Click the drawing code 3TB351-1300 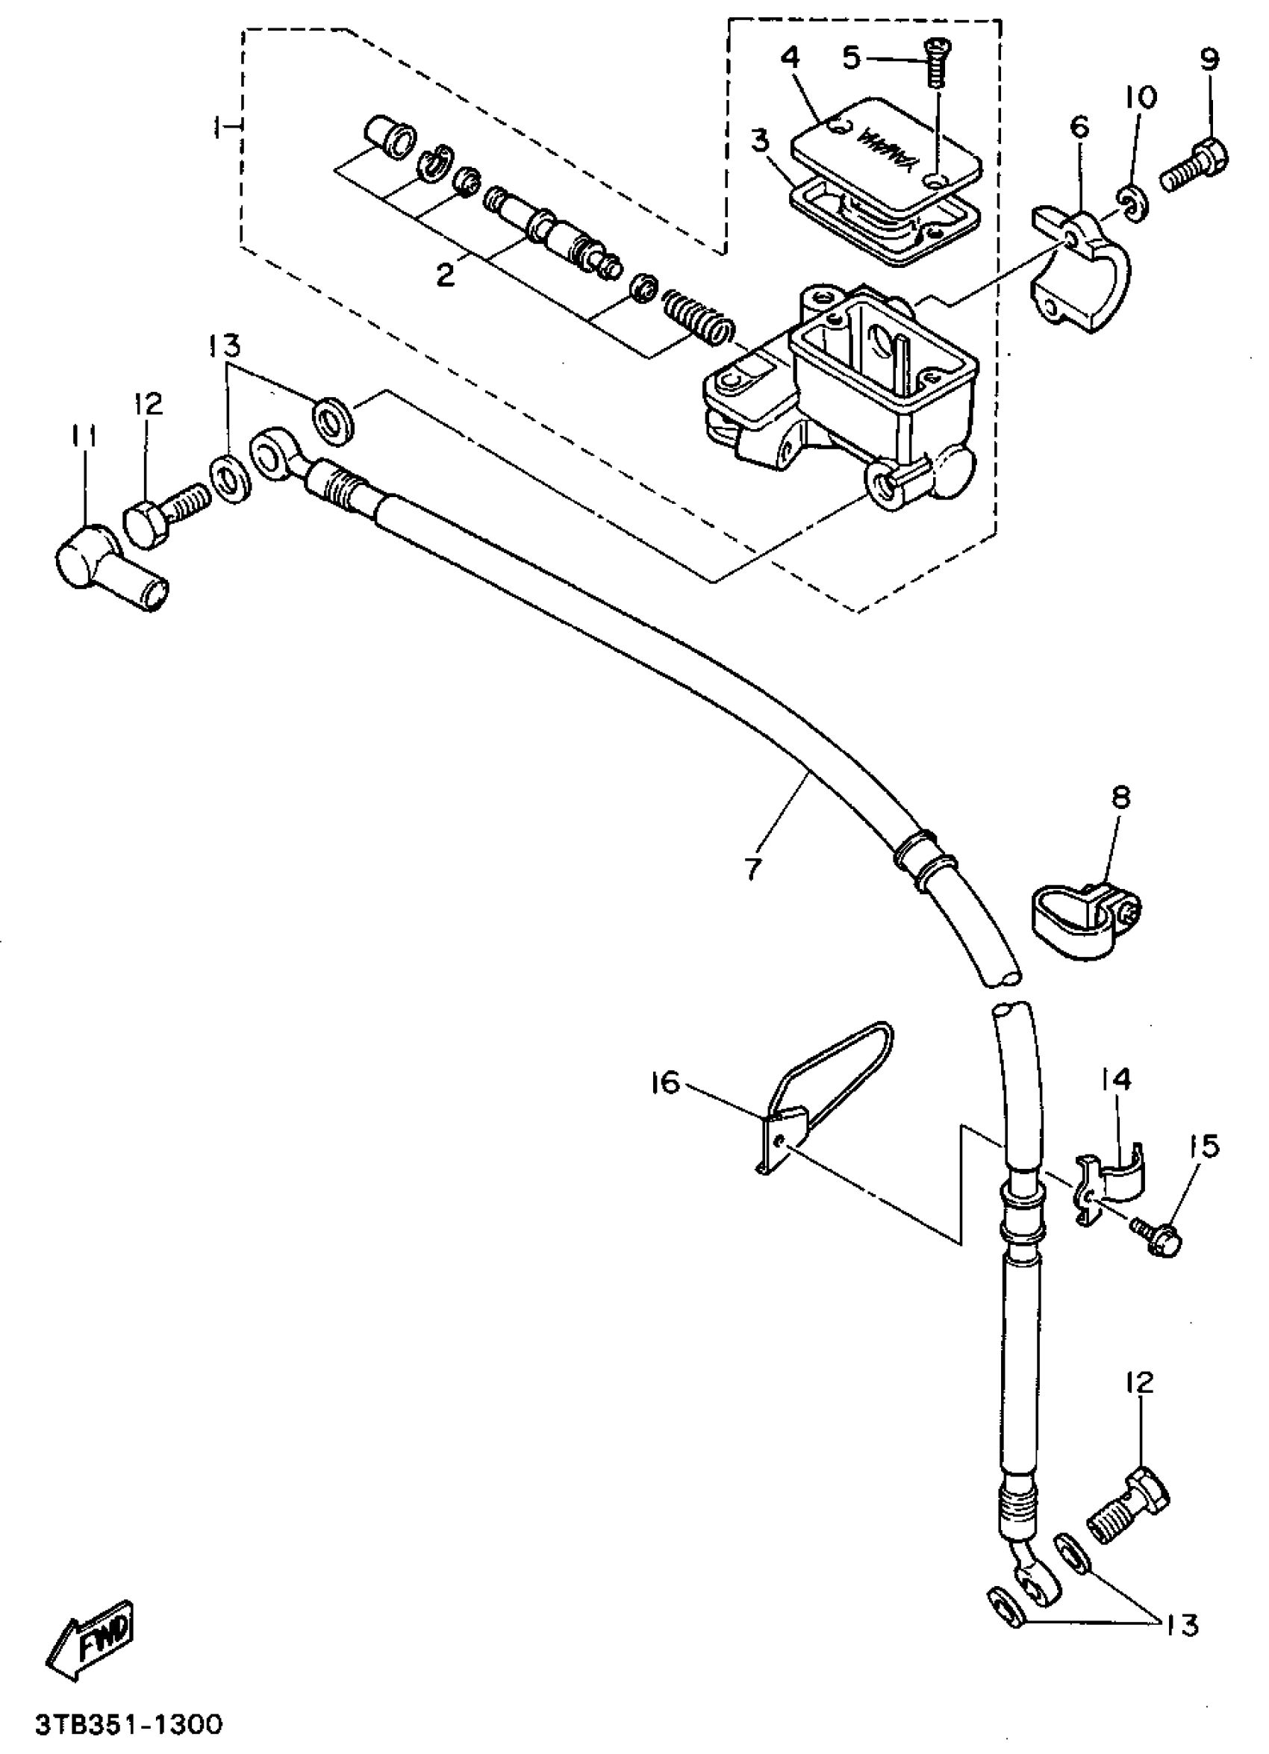point(128,1724)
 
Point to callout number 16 point(664,1084)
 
